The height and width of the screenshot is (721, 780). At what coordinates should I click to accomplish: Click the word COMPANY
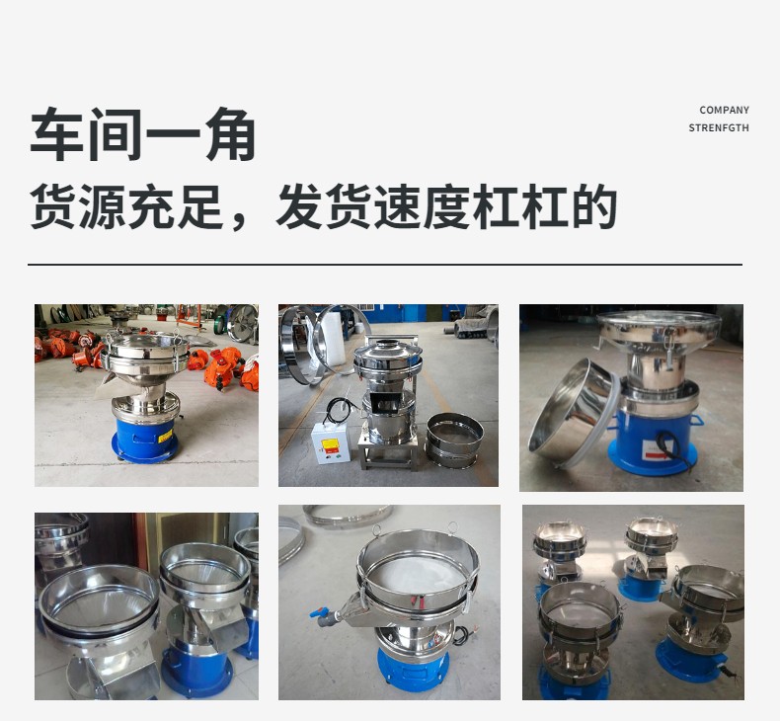tap(724, 110)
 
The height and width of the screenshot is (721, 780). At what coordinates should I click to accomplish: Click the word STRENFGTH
tap(719, 127)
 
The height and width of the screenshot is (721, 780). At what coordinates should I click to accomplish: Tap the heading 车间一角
tap(143, 134)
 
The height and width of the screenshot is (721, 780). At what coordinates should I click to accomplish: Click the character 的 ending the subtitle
tap(594, 206)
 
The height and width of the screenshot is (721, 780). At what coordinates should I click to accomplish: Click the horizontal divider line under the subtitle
tap(385, 265)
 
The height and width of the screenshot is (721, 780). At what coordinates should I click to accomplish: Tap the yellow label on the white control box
tap(330, 443)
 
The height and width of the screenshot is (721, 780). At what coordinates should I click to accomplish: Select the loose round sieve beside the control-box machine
tap(454, 440)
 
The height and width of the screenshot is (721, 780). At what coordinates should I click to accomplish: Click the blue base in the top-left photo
tap(144, 441)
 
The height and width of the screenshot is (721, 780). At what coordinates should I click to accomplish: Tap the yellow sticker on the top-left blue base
tap(165, 437)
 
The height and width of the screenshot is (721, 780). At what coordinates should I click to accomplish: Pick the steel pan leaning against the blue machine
tap(573, 413)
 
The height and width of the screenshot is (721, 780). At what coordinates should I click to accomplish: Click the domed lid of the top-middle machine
tap(388, 352)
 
